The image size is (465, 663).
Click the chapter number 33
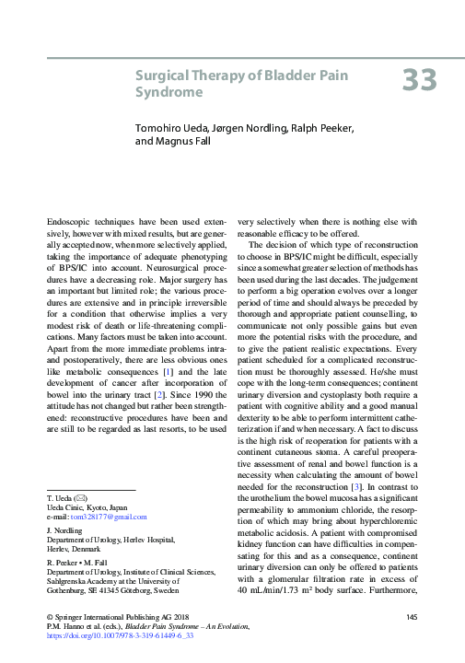(419, 80)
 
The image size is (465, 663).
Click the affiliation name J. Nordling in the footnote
(64, 531)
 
